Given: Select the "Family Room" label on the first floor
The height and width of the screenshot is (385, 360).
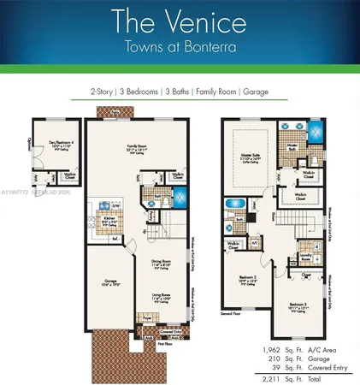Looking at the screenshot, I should pyautogui.click(x=137, y=146).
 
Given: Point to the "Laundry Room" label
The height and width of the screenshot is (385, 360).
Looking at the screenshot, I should pyautogui.click(x=305, y=254).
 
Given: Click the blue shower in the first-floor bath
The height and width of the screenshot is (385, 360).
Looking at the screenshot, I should pyautogui.click(x=180, y=195).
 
